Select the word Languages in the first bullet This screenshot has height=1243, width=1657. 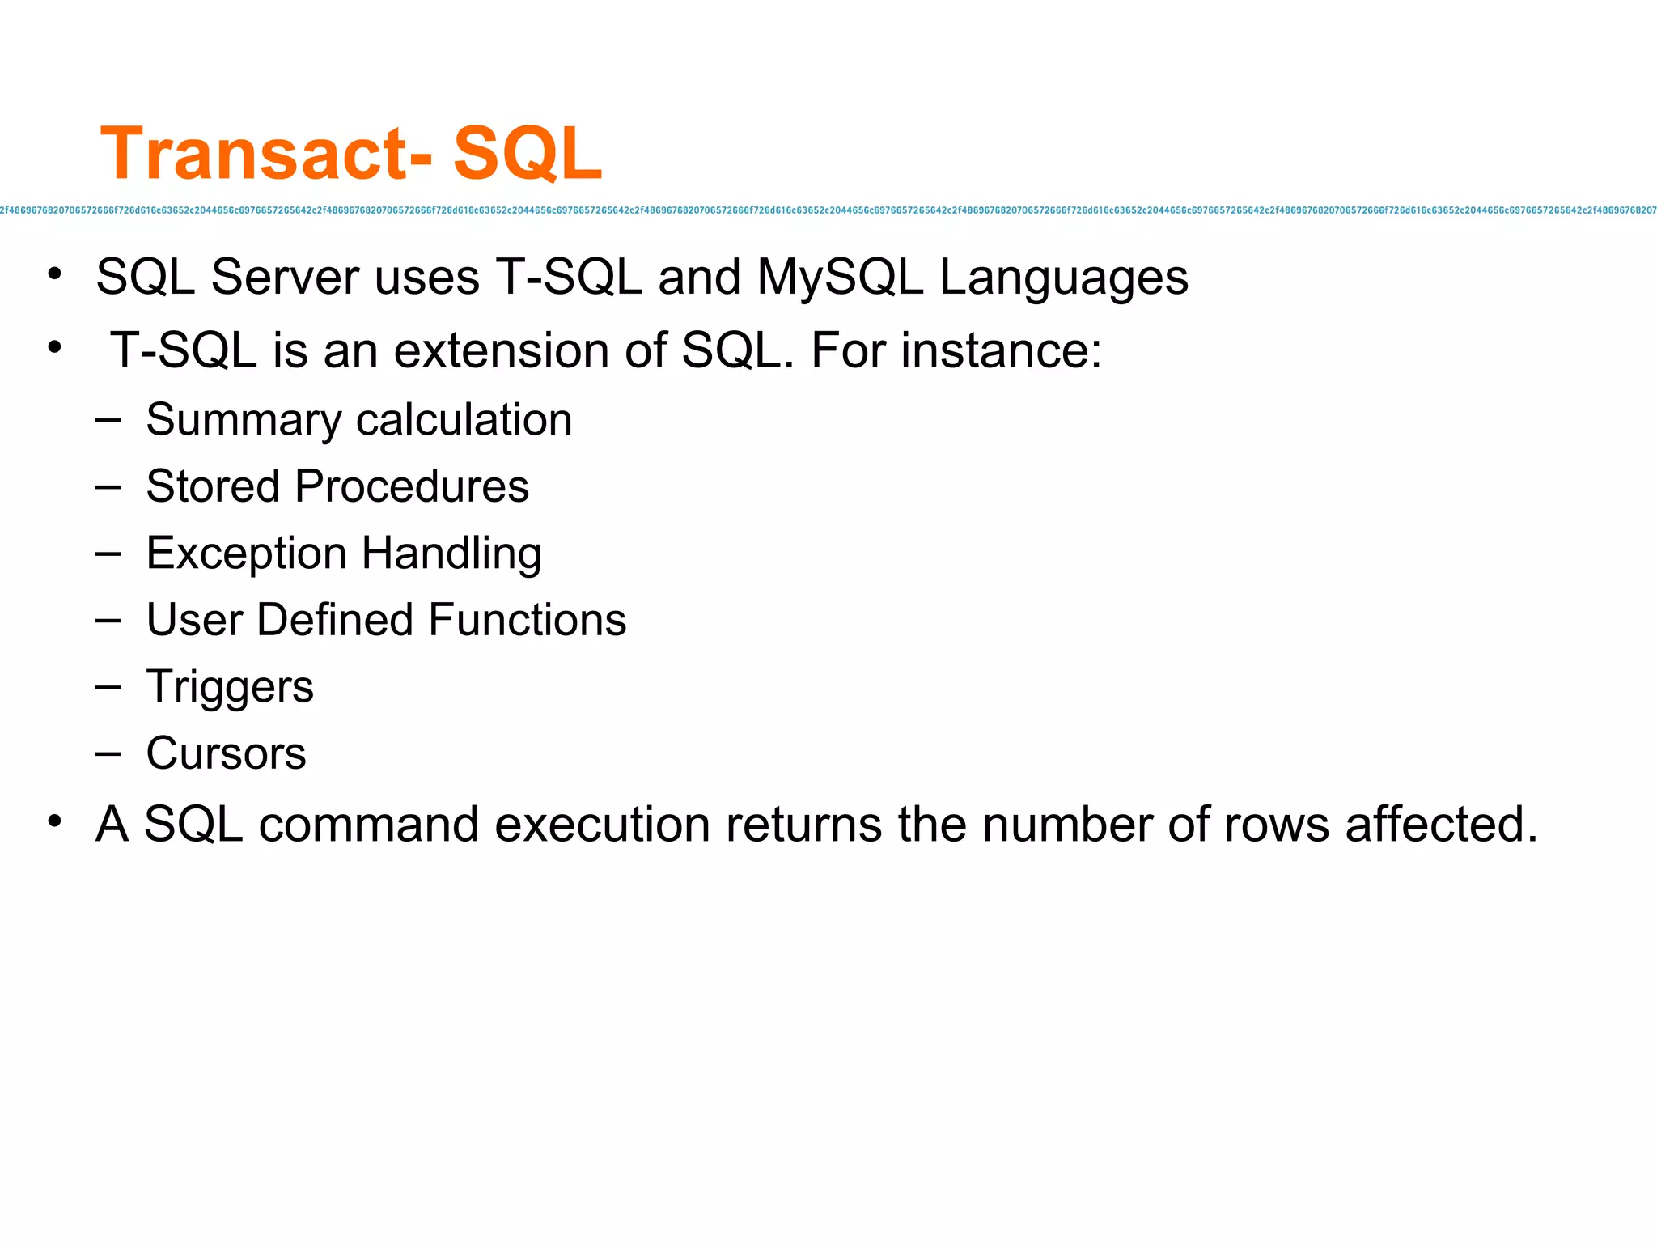point(1063,278)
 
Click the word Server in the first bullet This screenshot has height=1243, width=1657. point(285,278)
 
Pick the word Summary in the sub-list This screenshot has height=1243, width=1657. point(244,421)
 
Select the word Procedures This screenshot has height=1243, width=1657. point(412,486)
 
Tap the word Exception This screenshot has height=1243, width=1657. point(247,554)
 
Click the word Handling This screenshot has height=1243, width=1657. point(451,554)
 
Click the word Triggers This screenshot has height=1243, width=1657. point(230,688)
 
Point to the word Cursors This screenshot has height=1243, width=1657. point(226,753)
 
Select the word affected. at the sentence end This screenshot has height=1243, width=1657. point(1441,825)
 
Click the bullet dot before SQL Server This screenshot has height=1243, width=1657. point(54,274)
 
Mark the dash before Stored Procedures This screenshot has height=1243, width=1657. point(108,487)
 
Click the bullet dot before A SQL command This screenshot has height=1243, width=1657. point(54,821)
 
